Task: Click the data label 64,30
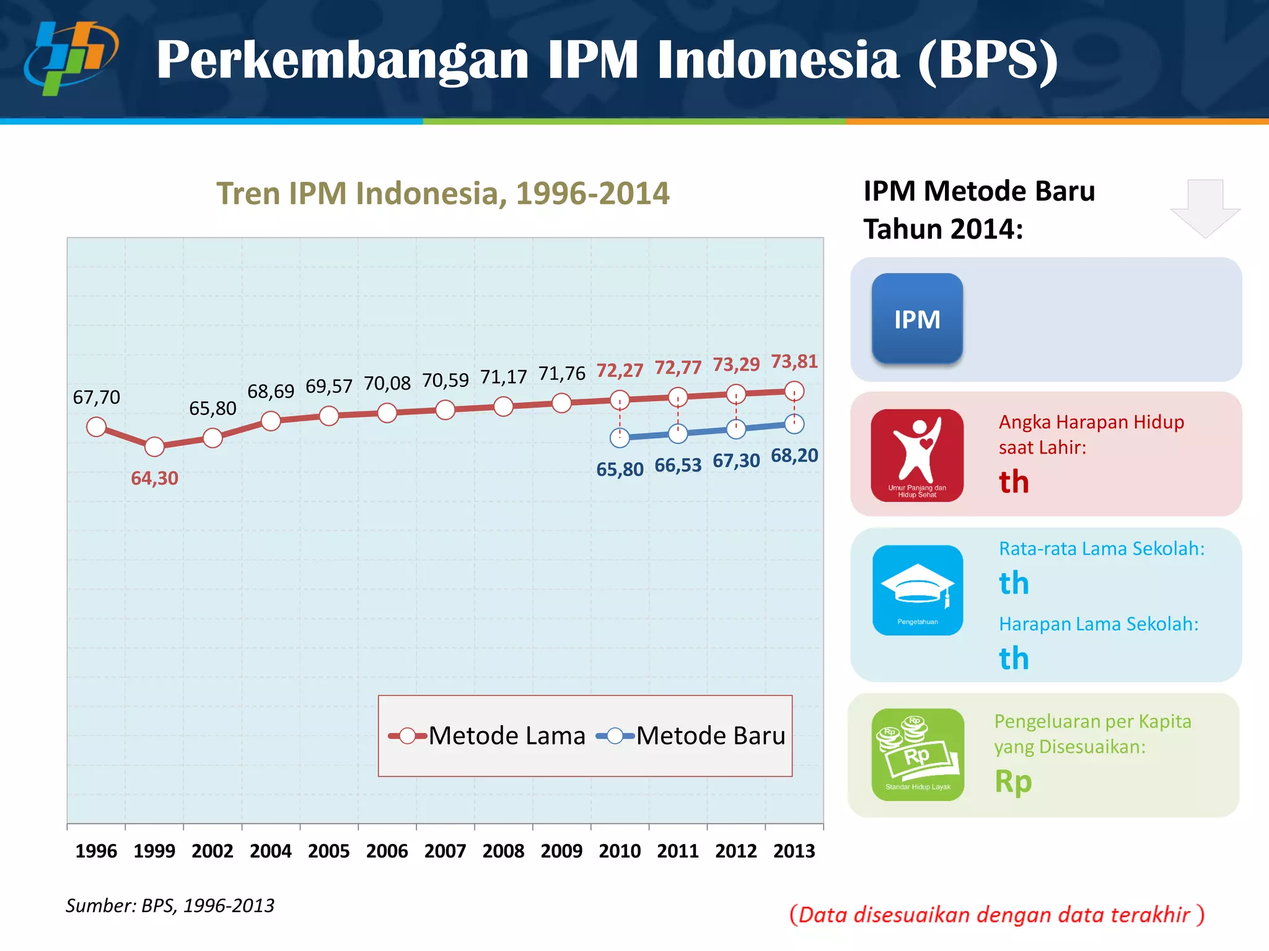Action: coord(154,478)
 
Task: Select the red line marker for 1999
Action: coord(154,446)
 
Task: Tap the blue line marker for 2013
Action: coord(794,424)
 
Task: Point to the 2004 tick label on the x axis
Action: coord(271,851)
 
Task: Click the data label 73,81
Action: coord(794,362)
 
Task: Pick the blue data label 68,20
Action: coord(794,456)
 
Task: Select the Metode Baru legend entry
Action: coord(691,736)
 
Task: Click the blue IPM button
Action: coord(917,318)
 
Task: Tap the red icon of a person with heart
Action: coord(917,455)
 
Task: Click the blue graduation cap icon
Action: coord(918,590)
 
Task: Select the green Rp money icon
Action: coord(918,755)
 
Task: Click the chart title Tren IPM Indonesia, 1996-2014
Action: coord(443,193)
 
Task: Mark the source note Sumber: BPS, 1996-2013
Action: coord(170,906)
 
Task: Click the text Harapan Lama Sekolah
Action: coord(1099,624)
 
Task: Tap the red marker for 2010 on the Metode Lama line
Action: coord(620,400)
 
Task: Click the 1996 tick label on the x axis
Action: coord(96,851)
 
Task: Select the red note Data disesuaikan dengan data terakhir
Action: coord(996,914)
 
